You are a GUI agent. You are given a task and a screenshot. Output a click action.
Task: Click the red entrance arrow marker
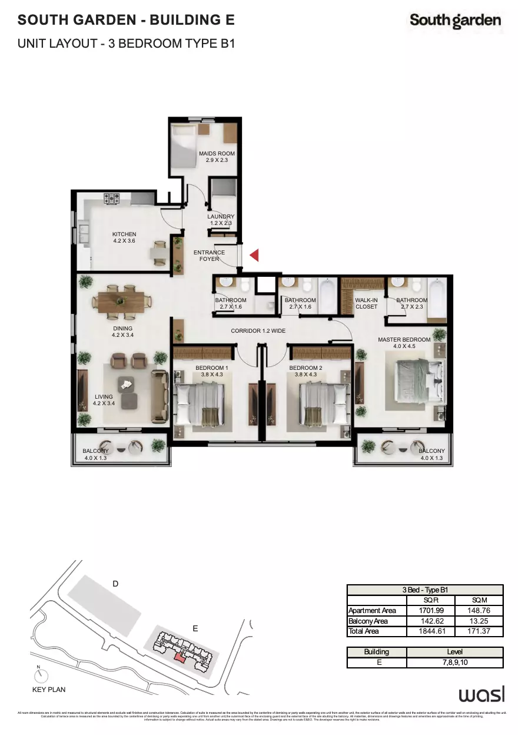[254, 255]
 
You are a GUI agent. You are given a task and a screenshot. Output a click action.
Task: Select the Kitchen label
[124, 237]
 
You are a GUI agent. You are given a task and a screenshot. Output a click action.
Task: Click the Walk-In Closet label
[366, 303]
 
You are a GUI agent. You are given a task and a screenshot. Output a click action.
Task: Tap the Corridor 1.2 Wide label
[258, 331]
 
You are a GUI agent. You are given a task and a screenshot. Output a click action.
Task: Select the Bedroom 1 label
[212, 371]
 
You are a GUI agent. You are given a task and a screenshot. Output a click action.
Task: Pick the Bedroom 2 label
[305, 371]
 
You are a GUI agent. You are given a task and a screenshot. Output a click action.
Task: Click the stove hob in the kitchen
[112, 198]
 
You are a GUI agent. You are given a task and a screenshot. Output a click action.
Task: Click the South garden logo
[456, 21]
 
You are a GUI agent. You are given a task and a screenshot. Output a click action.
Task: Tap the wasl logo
[481, 695]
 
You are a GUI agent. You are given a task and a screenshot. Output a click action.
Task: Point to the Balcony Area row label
[368, 621]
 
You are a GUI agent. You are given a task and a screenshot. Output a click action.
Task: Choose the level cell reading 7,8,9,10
[454, 663]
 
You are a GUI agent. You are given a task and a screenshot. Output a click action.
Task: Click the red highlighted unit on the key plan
[180, 657]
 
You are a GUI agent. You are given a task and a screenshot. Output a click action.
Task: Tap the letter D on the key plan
[116, 584]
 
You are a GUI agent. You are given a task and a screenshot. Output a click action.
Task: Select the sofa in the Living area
[159, 395]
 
